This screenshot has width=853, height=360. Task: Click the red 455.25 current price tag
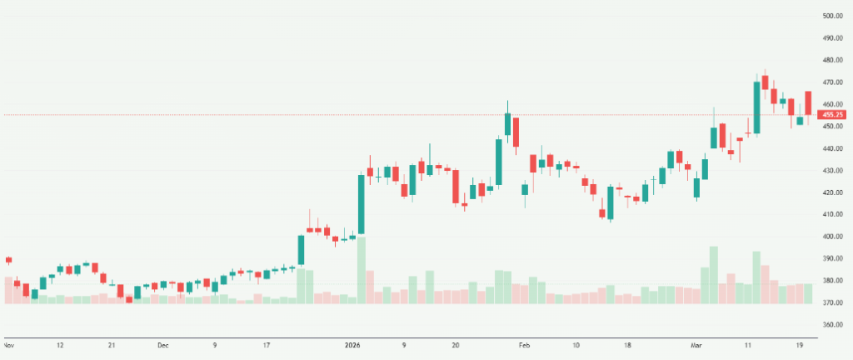tap(832, 114)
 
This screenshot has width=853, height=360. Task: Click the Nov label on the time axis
tap(9, 344)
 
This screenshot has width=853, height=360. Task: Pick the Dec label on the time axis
tap(163, 344)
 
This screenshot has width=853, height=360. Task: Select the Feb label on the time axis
tap(524, 344)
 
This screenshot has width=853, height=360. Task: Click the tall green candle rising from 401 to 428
tap(362, 204)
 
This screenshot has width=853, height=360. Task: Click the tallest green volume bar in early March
tap(713, 274)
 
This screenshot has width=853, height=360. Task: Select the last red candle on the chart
tap(808, 103)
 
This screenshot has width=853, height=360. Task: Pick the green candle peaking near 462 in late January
tap(507, 123)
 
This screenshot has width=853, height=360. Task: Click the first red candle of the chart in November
tap(9, 260)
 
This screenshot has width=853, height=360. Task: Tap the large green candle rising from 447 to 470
tap(756, 107)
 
